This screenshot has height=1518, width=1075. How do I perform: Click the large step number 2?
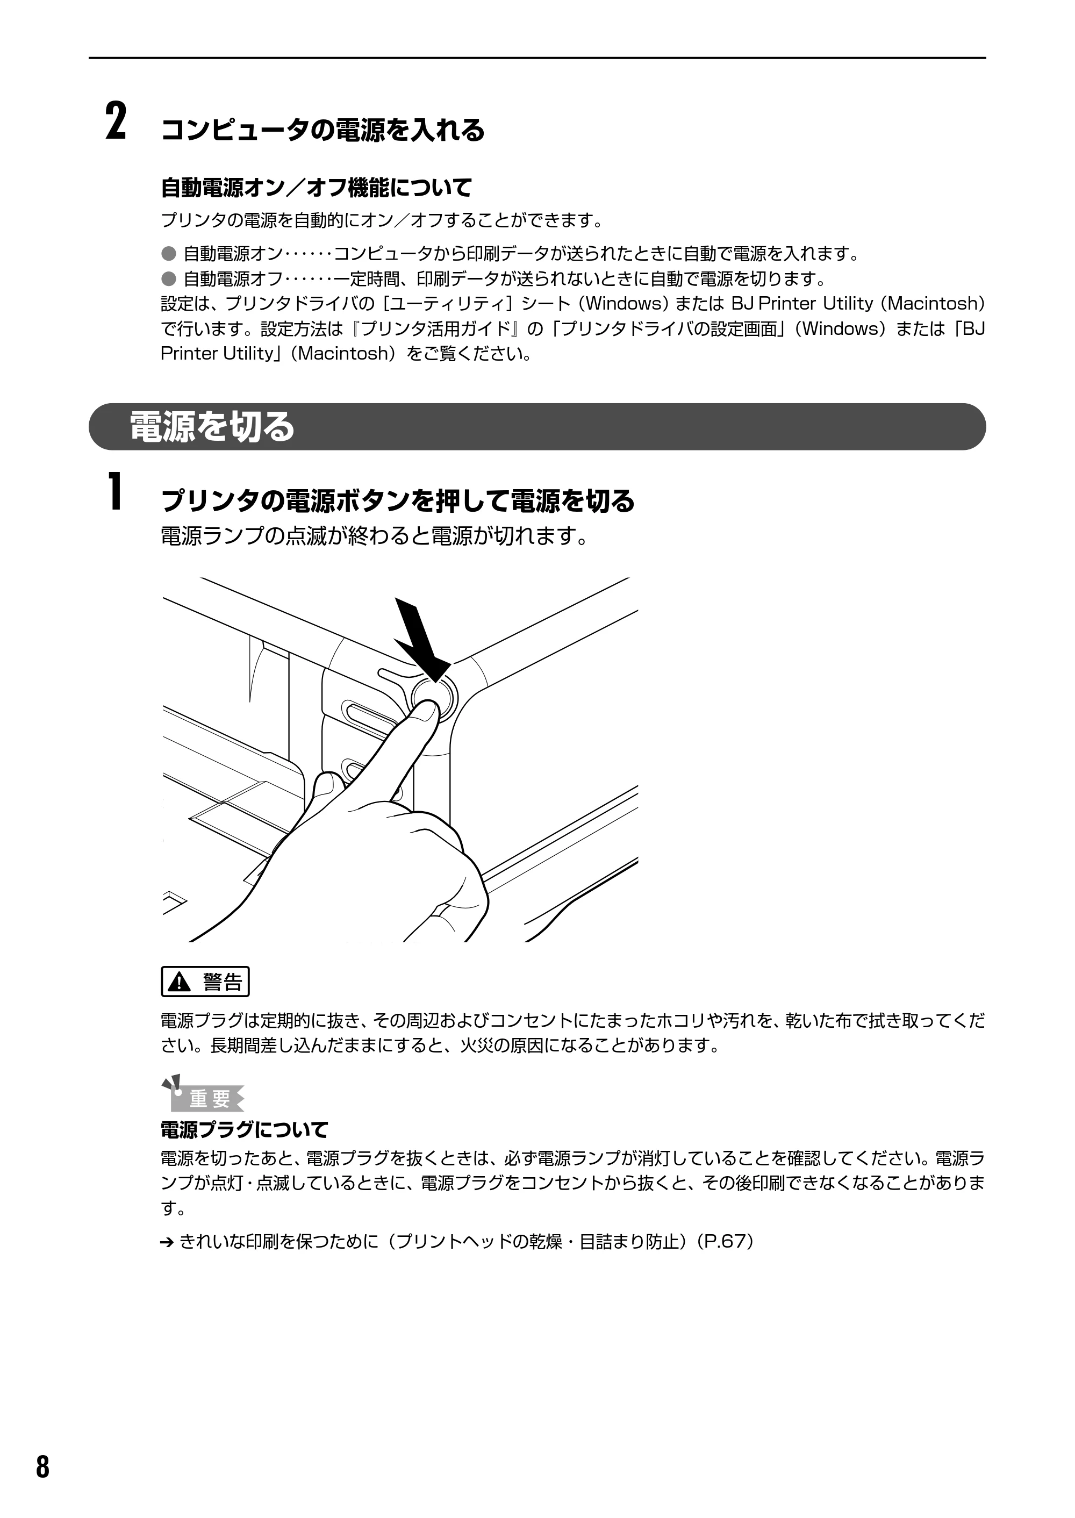(116, 121)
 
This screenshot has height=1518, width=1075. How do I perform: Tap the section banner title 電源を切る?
(212, 426)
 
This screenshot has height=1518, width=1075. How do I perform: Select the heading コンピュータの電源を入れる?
(323, 130)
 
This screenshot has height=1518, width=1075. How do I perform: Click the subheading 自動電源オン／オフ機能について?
(317, 188)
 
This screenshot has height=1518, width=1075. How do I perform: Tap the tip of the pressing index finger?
(429, 708)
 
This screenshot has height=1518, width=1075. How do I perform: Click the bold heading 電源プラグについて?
(245, 1129)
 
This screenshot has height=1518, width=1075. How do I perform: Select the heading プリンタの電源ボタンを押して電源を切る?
(398, 500)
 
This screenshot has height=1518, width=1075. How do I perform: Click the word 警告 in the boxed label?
(223, 982)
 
